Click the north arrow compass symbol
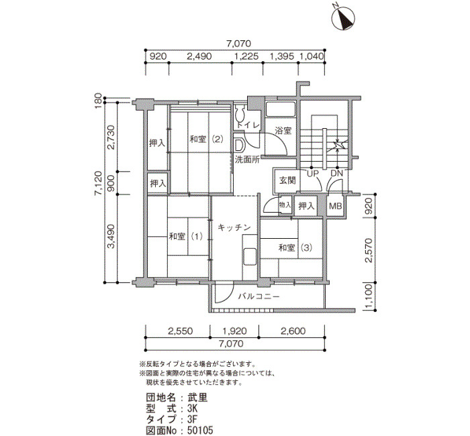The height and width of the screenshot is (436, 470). pyautogui.click(x=344, y=18)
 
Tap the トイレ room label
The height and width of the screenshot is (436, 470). pyautogui.click(x=248, y=125)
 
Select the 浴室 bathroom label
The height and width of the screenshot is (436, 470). pyautogui.click(x=283, y=131)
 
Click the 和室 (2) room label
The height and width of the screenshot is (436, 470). pyautogui.click(x=207, y=140)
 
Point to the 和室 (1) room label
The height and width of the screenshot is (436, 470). pyautogui.click(x=186, y=237)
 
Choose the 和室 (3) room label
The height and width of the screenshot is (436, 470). pyautogui.click(x=295, y=248)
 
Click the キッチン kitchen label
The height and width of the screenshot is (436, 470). pyautogui.click(x=234, y=227)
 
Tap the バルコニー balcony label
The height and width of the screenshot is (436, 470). pyautogui.click(x=259, y=296)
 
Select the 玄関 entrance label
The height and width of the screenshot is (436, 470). pyautogui.click(x=287, y=180)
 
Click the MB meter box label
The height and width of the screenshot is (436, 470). pyautogui.click(x=335, y=206)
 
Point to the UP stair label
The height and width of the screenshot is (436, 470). pyautogui.click(x=312, y=173)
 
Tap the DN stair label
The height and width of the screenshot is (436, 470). pyautogui.click(x=336, y=173)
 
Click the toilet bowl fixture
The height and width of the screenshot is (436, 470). pyautogui.click(x=240, y=113)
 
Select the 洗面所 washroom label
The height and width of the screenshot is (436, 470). pyautogui.click(x=247, y=160)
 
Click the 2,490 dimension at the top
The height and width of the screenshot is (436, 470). pyautogui.click(x=199, y=56)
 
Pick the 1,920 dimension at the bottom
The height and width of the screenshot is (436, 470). pyautogui.click(x=234, y=331)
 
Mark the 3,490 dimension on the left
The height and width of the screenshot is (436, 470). pyautogui.click(x=111, y=237)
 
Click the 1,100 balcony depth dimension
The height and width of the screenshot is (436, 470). pyautogui.click(x=369, y=296)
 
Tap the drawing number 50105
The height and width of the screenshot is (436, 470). pyautogui.click(x=200, y=431)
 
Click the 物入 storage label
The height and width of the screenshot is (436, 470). pyautogui.click(x=285, y=205)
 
